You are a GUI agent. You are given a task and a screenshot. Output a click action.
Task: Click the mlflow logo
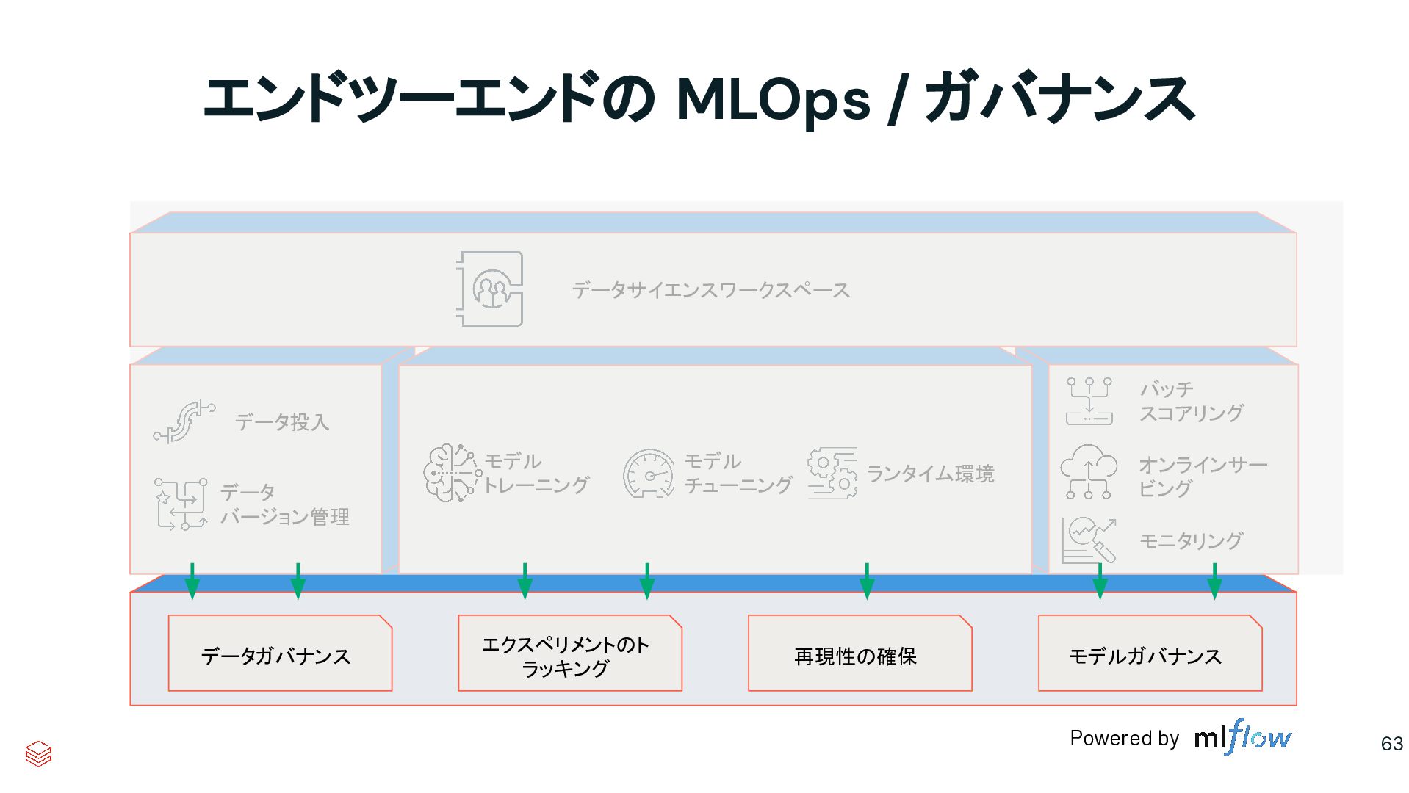(x=1243, y=736)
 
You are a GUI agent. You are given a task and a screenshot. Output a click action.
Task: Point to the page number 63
(x=1391, y=744)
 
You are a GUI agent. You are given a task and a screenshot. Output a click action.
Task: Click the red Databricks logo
(x=38, y=753)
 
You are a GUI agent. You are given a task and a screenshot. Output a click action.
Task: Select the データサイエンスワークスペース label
(x=710, y=290)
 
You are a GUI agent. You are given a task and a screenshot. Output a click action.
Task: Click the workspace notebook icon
(x=490, y=289)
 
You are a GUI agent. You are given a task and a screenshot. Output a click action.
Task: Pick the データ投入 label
(x=282, y=422)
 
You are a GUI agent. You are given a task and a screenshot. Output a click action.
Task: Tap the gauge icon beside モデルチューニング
(x=649, y=474)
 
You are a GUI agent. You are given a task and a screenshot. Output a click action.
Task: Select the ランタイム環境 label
(x=930, y=474)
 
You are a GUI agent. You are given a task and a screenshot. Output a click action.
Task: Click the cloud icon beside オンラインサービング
(x=1089, y=471)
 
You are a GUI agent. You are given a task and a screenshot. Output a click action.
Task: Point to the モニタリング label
(x=1191, y=541)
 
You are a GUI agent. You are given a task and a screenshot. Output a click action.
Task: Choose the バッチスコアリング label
(x=1191, y=401)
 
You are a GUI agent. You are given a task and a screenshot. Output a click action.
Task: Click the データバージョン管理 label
(x=284, y=504)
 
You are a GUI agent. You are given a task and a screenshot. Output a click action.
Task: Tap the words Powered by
(x=1124, y=738)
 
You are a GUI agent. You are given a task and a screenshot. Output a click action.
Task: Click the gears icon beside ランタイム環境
(x=832, y=474)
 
